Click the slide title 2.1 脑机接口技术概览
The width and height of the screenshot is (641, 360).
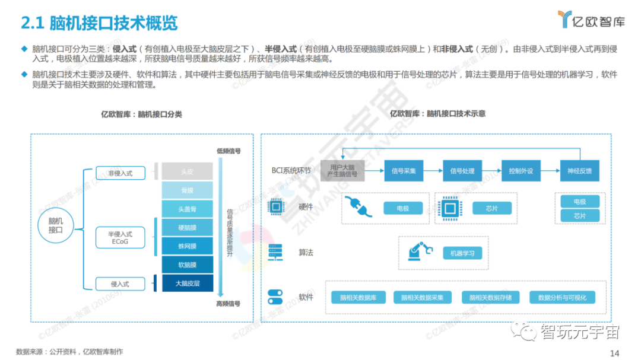tap(99, 24)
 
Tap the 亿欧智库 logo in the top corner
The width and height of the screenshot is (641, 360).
tap(591, 20)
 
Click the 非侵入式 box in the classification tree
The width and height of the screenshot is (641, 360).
tap(120, 173)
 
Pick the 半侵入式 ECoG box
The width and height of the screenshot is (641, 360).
tap(120, 238)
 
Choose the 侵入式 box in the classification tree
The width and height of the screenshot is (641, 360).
tap(120, 283)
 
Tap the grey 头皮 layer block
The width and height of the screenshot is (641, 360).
tap(188, 171)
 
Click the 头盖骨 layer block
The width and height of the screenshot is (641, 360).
tap(188, 209)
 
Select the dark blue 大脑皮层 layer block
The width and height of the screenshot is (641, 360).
tap(188, 283)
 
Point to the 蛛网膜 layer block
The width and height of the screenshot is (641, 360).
tap(188, 246)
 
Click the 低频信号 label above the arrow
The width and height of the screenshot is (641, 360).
tap(229, 151)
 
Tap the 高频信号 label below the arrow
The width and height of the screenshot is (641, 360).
tap(229, 304)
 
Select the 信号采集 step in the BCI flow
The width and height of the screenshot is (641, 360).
tap(404, 171)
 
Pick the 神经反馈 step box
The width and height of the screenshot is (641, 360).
tap(580, 171)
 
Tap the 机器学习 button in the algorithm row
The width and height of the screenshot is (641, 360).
tap(462, 253)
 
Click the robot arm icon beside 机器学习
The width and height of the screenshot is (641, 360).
tap(420, 252)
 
